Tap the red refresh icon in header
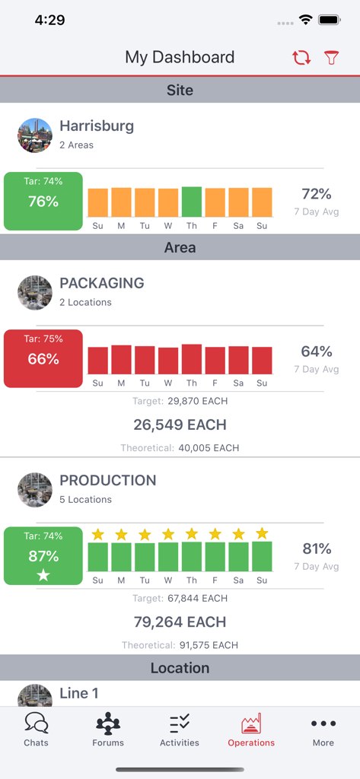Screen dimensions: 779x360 301,58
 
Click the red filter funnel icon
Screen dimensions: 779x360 331,58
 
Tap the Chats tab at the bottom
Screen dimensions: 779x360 36,729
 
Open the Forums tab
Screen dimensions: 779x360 108,729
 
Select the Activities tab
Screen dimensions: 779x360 180,729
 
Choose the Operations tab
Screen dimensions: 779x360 251,729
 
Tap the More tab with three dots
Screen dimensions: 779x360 323,729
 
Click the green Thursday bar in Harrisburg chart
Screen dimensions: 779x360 192,202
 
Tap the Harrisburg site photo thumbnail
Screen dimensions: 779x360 35,135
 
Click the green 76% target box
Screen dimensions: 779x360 43,201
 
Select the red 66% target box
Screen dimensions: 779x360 43,358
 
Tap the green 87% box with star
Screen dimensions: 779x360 43,556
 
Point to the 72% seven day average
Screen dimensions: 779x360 317,194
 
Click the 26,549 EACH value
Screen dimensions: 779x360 180,424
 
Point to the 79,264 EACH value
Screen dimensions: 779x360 180,622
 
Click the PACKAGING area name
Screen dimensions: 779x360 102,283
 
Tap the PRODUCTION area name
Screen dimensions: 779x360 108,480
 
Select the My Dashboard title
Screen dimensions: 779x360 180,57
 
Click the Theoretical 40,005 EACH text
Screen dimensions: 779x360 180,448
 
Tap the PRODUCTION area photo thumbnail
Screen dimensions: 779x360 35,490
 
